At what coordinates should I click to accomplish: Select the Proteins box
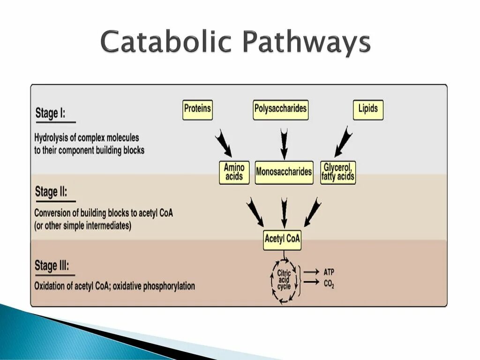pyautogui.click(x=197, y=110)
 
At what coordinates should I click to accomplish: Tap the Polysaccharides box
pyautogui.click(x=280, y=110)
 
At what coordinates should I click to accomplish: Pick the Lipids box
pyautogui.click(x=368, y=110)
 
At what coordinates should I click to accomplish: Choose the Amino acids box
pyautogui.click(x=234, y=172)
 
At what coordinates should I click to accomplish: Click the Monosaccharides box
pyautogui.click(x=284, y=172)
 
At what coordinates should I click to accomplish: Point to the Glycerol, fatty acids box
pyautogui.click(x=338, y=172)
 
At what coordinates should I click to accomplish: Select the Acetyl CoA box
pyautogui.click(x=282, y=240)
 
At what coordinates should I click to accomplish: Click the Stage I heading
pyautogui.click(x=50, y=113)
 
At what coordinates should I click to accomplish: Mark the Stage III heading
pyautogui.click(x=52, y=266)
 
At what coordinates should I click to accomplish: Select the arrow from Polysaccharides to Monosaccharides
pyautogui.click(x=283, y=143)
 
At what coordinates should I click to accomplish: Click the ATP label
pyautogui.click(x=329, y=272)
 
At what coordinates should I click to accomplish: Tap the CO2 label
pyautogui.click(x=329, y=283)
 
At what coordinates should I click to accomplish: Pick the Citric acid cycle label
pyautogui.click(x=284, y=280)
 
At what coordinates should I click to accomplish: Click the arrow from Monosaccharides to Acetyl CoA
pyautogui.click(x=283, y=212)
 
